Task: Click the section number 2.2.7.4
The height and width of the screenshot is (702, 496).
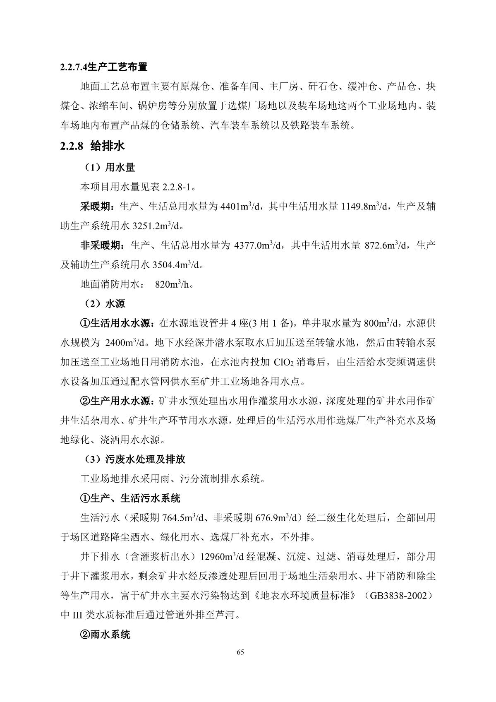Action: pyautogui.click(x=74, y=67)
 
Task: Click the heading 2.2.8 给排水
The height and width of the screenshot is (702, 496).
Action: pyautogui.click(x=92, y=146)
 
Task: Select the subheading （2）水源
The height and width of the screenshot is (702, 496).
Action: pyautogui.click(x=104, y=303)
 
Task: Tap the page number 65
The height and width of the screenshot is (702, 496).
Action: pyautogui.click(x=241, y=652)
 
